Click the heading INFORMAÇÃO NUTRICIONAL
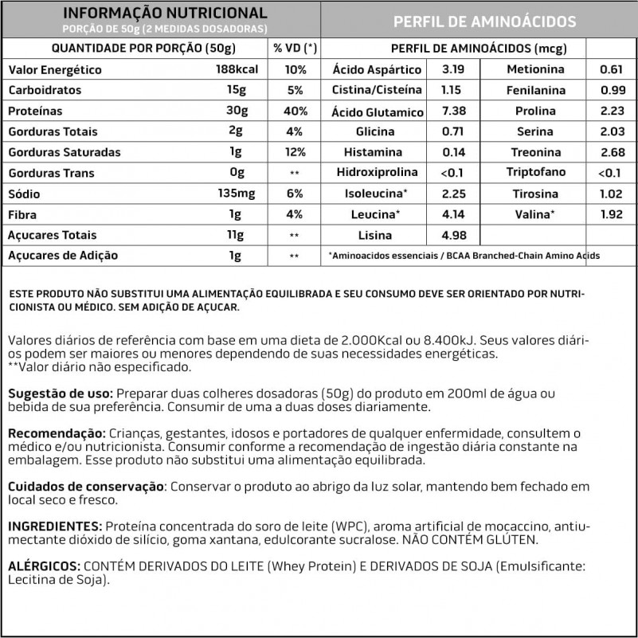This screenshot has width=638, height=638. coord(165,14)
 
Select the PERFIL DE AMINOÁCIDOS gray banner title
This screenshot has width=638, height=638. coord(484,22)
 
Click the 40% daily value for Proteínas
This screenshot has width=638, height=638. coord(295,112)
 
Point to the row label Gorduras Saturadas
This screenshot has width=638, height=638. coord(64,152)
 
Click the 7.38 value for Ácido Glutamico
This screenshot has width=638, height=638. coord(452,112)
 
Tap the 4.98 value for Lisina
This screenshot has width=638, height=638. coord(452,235)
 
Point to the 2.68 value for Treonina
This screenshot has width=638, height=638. coord(611,152)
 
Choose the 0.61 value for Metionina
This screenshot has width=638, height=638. coord(611,70)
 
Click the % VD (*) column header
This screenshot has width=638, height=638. coord(295,49)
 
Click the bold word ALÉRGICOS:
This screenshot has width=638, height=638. coord(43,566)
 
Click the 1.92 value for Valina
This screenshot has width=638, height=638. coord(611,214)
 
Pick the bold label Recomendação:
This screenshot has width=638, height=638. coord(57,433)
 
